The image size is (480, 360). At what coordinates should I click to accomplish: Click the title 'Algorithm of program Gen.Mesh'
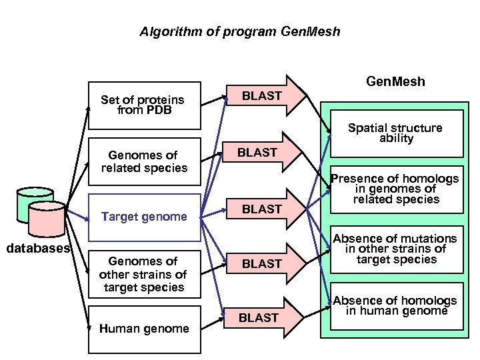[x=239, y=31]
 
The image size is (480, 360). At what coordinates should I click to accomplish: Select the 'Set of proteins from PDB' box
[x=145, y=105]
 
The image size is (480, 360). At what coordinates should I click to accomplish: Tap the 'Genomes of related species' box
[x=145, y=161]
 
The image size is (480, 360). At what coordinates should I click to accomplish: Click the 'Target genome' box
[x=145, y=217]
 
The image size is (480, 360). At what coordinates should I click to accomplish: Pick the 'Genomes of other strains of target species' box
[x=145, y=274]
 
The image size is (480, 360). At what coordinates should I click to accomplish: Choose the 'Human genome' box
[x=145, y=328]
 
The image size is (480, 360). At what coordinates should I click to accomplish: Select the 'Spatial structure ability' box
[x=396, y=133]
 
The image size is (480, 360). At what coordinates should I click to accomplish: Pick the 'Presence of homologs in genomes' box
[x=396, y=189]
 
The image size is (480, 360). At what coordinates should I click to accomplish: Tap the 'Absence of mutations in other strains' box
[x=396, y=249]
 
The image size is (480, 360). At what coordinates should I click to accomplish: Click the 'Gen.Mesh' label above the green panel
[x=395, y=82]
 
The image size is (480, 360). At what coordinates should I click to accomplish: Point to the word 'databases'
[x=37, y=249]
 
